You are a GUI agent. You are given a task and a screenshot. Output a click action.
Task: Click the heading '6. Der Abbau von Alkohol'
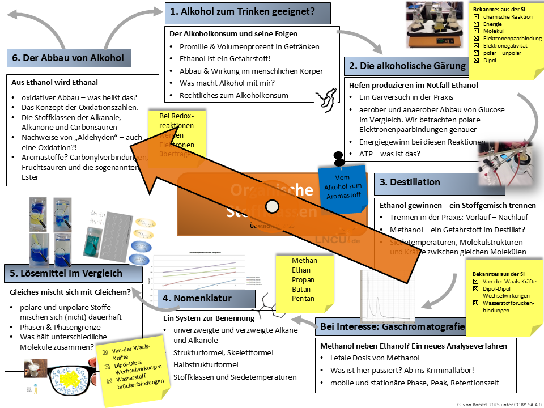point(67,57)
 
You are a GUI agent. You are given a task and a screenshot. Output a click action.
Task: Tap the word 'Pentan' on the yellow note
point(303,299)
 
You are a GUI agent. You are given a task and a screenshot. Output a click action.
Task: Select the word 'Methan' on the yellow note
point(304,261)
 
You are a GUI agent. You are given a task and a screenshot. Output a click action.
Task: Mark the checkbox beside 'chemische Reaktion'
point(476,17)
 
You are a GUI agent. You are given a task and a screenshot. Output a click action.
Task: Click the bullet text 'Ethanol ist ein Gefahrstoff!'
point(225,59)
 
